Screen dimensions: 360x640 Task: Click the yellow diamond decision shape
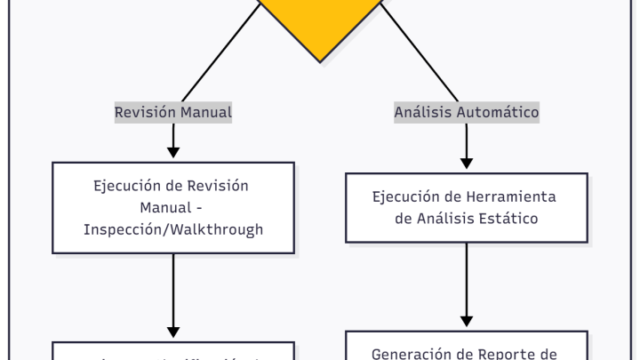(x=320, y=22)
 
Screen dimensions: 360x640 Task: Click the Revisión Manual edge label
(x=173, y=113)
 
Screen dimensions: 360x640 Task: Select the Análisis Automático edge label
(x=467, y=113)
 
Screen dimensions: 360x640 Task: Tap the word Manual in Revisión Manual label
(x=206, y=113)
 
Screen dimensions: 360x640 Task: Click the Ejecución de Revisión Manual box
(x=173, y=207)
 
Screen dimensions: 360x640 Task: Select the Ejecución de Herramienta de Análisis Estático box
(x=467, y=207)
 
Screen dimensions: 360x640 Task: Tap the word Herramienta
(x=515, y=196)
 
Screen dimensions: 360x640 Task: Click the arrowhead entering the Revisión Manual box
(x=173, y=154)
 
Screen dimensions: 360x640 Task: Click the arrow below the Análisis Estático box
(x=467, y=284)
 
